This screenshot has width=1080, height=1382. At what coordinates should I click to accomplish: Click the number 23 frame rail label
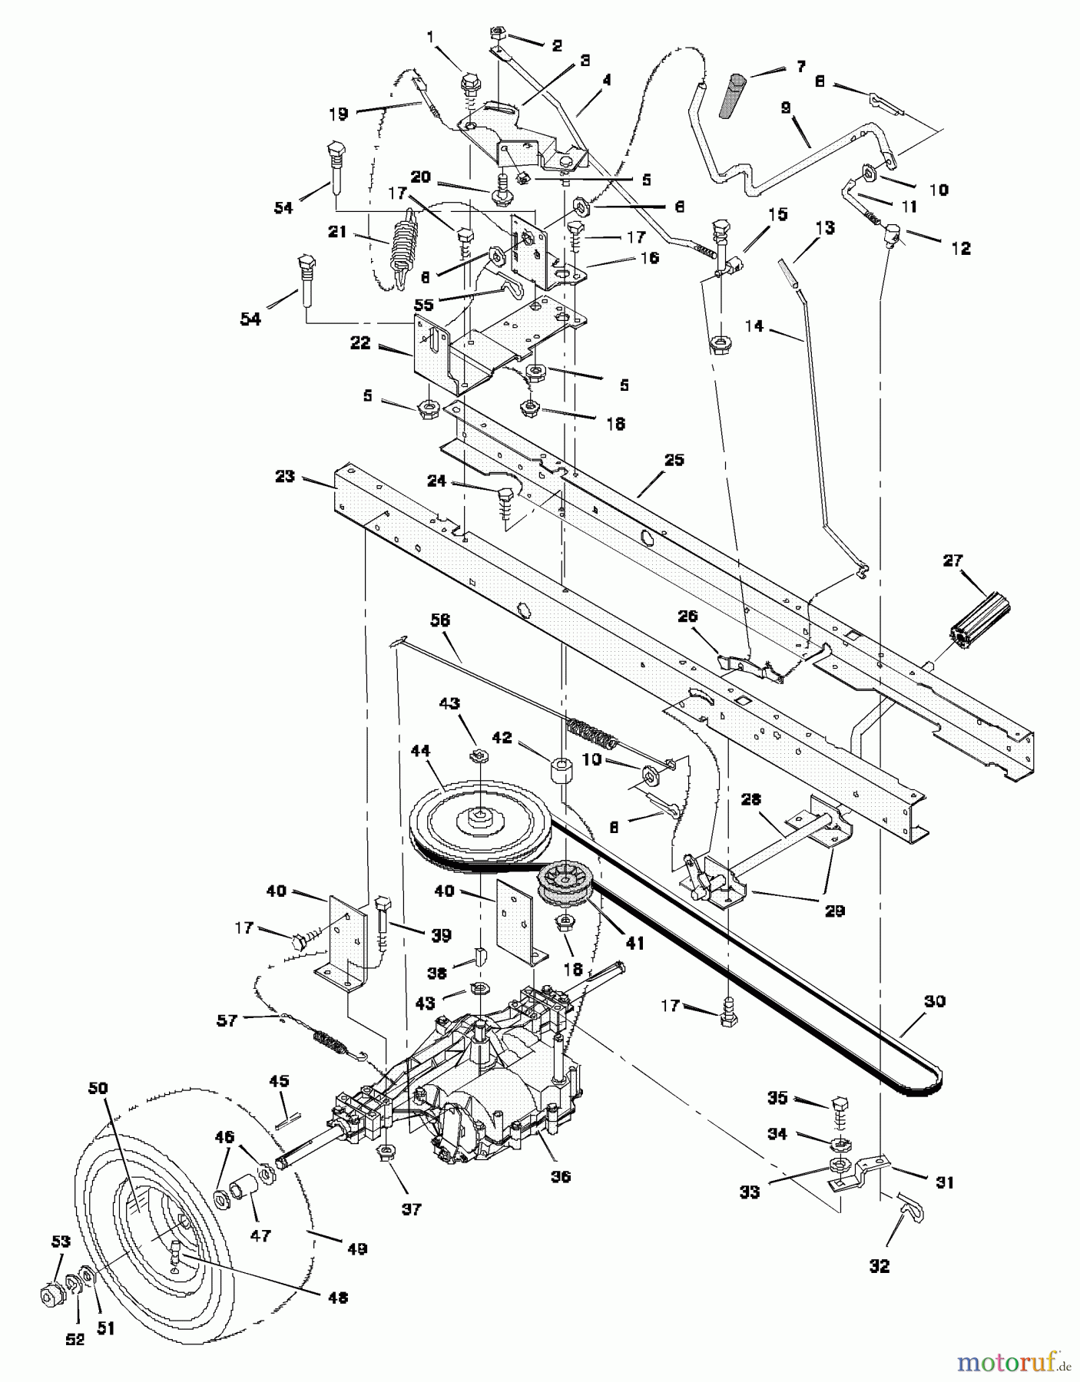pos(284,476)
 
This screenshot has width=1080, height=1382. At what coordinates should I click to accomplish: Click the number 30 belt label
pos(935,1001)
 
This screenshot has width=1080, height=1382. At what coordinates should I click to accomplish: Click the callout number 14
pos(754,327)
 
